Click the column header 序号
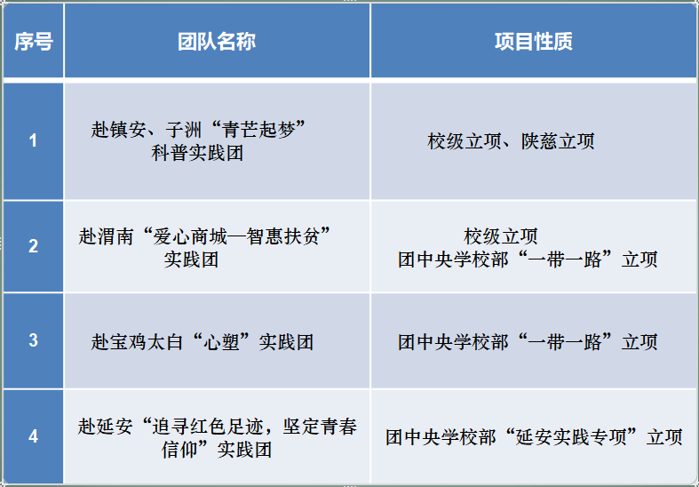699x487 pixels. pos(34,42)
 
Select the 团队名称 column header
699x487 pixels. pos(217,42)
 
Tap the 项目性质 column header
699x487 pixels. pos(534,42)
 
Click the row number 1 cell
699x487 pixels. pos(33,141)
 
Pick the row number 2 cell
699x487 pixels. pos(33,246)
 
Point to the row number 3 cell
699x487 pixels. pos(33,340)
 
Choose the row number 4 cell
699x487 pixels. pos(33,436)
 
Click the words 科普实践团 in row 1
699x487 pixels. pos(197,153)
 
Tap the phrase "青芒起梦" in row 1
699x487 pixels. pos(259,130)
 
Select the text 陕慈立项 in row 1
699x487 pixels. pos(558,141)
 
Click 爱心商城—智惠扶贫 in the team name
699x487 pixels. pos(236,236)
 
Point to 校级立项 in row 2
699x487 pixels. pos(501,236)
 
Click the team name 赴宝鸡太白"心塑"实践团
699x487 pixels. pos(203,341)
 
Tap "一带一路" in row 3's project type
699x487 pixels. pos(565,341)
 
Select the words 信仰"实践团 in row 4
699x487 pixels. pos(217,449)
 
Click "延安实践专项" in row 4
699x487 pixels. pos(571,436)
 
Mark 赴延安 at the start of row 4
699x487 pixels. pos(105,426)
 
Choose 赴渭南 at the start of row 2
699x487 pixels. pos(106,236)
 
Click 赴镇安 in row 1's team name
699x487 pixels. pos(119,130)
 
